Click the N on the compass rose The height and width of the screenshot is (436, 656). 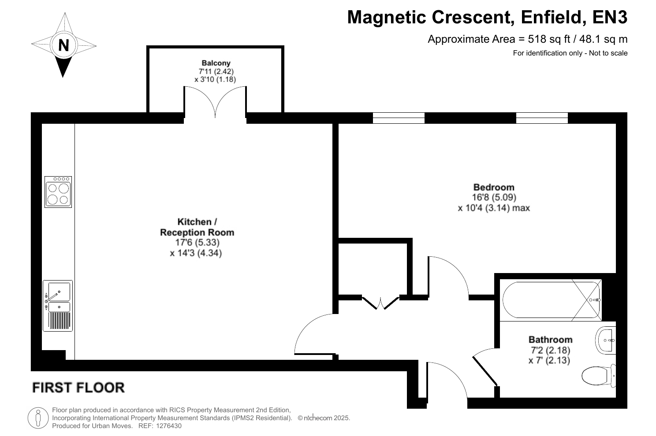click(63, 45)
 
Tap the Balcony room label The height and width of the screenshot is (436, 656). click(216, 63)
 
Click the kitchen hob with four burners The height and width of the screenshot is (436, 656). click(58, 192)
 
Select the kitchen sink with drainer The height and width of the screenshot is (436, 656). click(58, 306)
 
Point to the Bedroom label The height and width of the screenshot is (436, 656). click(494, 187)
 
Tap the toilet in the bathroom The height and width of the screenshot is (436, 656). click(599, 376)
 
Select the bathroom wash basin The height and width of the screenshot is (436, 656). click(606, 340)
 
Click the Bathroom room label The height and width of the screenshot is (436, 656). click(550, 340)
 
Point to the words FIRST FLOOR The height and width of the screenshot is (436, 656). click(78, 388)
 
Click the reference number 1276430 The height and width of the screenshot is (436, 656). click(169, 426)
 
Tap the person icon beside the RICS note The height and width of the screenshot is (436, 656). click(38, 418)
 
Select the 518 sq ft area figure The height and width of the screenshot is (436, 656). click(549, 39)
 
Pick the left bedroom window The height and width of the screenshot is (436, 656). click(399, 118)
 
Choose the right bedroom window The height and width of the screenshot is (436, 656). click(542, 118)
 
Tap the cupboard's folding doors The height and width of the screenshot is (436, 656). click(380, 303)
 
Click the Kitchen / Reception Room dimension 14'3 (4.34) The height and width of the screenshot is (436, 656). click(196, 253)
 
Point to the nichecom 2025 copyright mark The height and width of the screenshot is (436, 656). click(324, 418)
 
